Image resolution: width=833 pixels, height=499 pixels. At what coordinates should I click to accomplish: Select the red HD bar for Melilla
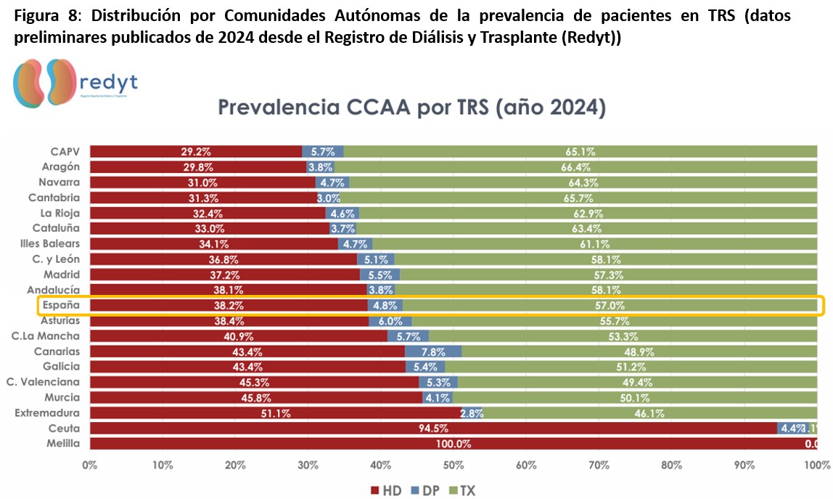[x=453, y=443]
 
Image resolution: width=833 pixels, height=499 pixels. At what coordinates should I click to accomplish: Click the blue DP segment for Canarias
[x=433, y=351]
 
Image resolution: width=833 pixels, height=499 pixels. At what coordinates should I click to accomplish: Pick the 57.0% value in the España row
[x=610, y=306]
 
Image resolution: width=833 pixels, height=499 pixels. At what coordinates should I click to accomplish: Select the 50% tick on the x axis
[x=454, y=464]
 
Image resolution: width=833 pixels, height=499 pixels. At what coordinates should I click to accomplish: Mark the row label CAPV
[x=65, y=152]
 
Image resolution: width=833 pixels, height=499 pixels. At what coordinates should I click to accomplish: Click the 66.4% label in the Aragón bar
[x=580, y=167]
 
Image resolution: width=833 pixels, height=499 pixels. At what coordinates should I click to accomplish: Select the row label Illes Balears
[x=50, y=243]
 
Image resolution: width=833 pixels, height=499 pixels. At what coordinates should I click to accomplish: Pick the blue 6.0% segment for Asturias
[x=390, y=321]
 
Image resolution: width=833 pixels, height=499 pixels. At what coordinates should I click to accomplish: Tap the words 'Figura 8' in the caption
[x=44, y=15]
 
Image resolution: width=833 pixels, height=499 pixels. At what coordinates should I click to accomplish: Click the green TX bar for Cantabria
[x=580, y=198]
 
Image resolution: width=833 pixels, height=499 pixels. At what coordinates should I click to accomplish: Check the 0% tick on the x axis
[x=90, y=464]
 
